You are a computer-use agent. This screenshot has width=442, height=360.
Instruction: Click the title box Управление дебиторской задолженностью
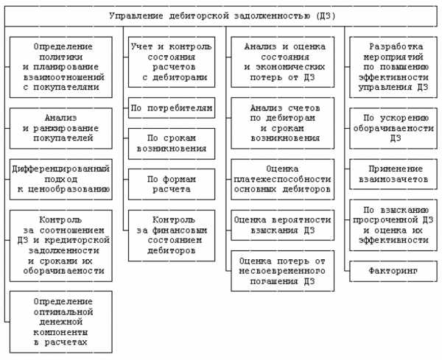[221, 16]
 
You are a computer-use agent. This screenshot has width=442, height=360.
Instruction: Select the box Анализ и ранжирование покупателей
[61, 128]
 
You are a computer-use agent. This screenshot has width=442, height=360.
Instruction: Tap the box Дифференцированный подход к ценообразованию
[61, 179]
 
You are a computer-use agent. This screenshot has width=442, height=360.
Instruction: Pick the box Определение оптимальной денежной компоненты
[61, 322]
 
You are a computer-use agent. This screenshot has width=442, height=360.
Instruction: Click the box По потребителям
[172, 108]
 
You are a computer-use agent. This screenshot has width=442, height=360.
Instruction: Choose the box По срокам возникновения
[172, 144]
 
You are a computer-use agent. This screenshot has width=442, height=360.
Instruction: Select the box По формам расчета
[172, 184]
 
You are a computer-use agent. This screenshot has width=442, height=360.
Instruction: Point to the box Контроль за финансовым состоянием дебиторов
[172, 236]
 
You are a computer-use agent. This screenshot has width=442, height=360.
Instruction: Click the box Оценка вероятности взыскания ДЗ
[282, 225]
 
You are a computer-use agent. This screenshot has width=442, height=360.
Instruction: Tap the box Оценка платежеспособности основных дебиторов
[282, 179]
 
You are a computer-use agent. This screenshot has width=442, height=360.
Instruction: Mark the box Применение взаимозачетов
[393, 174]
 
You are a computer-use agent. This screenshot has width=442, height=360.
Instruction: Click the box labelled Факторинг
[393, 271]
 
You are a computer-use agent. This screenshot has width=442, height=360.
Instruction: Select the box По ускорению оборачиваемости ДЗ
[393, 128]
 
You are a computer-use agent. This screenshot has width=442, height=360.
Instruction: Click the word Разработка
[396, 46]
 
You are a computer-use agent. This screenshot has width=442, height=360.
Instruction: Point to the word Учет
[141, 46]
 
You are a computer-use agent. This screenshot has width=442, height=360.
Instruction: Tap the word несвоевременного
[282, 271]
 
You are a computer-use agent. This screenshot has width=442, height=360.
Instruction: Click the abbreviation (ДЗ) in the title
[326, 15]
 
